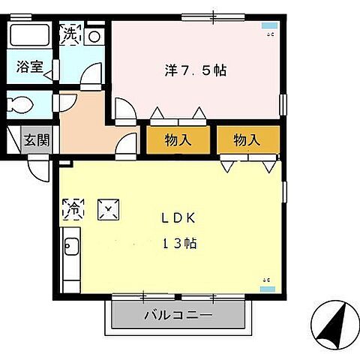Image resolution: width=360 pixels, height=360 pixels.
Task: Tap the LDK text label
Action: pyautogui.click(x=178, y=218)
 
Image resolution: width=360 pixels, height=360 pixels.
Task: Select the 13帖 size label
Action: pyautogui.click(x=178, y=244)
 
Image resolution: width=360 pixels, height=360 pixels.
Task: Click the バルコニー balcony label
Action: pyautogui.click(x=178, y=315)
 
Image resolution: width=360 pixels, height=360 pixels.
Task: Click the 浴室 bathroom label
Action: pyautogui.click(x=28, y=66)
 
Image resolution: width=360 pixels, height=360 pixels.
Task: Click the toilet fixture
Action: pyautogui.click(x=22, y=103)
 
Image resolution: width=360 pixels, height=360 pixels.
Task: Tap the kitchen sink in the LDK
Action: pyautogui.click(x=70, y=246)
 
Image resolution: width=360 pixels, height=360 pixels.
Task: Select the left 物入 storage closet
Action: pyautogui.click(x=177, y=139)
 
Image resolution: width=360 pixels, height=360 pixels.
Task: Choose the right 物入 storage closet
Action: pyautogui.click(x=247, y=139)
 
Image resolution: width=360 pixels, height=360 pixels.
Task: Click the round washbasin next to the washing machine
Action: pyautogui.click(x=94, y=35)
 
